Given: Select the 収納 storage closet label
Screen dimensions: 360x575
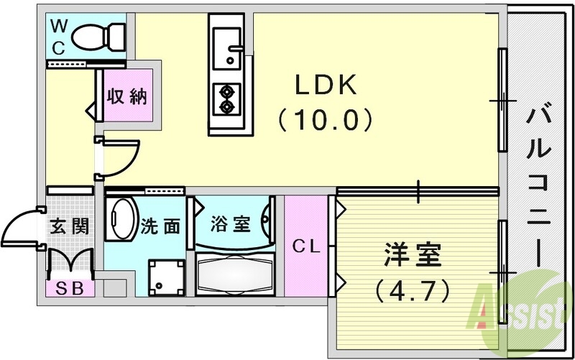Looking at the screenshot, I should click(128, 97).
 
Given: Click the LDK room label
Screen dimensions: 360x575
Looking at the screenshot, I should click(325, 86).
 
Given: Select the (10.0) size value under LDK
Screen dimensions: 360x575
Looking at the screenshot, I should click(325, 119).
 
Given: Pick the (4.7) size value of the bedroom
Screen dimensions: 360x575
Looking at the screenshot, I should click(413, 291).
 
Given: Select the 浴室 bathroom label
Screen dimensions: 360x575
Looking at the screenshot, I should click(231, 224).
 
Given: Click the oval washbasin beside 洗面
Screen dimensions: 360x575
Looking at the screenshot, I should click(122, 219).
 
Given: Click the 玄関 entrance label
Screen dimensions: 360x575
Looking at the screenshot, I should click(70, 226).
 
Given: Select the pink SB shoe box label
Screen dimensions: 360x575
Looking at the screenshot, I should click(70, 289).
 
